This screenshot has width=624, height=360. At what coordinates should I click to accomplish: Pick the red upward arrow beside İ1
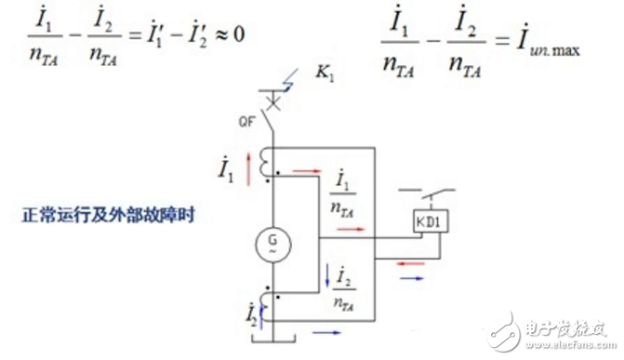click(249, 168)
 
